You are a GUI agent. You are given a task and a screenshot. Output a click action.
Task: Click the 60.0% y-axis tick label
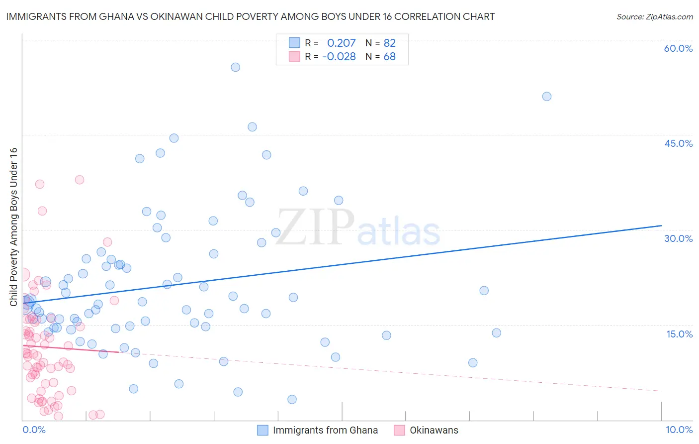click(678, 48)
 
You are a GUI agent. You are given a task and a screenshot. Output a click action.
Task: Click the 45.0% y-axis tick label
click(678, 143)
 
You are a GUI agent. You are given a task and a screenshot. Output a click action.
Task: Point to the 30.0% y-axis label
click(678, 238)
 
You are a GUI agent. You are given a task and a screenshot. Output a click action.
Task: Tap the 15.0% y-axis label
click(679, 334)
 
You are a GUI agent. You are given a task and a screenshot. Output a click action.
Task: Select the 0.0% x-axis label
click(34, 430)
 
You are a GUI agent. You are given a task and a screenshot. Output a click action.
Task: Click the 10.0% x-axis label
click(679, 430)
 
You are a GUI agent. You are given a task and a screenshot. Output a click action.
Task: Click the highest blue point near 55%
click(236, 67)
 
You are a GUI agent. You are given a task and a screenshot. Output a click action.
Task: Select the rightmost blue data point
click(547, 97)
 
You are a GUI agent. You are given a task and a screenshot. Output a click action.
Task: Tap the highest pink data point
click(80, 180)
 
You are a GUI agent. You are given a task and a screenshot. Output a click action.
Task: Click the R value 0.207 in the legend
click(341, 43)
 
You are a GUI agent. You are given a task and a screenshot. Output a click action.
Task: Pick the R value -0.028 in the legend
click(339, 57)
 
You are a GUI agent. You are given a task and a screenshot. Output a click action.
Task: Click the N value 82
click(389, 43)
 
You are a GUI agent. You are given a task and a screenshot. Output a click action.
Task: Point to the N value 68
click(389, 57)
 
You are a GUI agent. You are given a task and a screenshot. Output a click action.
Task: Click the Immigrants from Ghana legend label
click(325, 430)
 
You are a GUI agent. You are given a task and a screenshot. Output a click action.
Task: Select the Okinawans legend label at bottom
click(434, 430)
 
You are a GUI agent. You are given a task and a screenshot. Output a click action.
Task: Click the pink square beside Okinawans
click(399, 430)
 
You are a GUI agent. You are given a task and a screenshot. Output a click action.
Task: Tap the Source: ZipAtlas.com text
click(654, 17)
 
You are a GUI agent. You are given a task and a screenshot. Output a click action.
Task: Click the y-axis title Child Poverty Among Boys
click(14, 226)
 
